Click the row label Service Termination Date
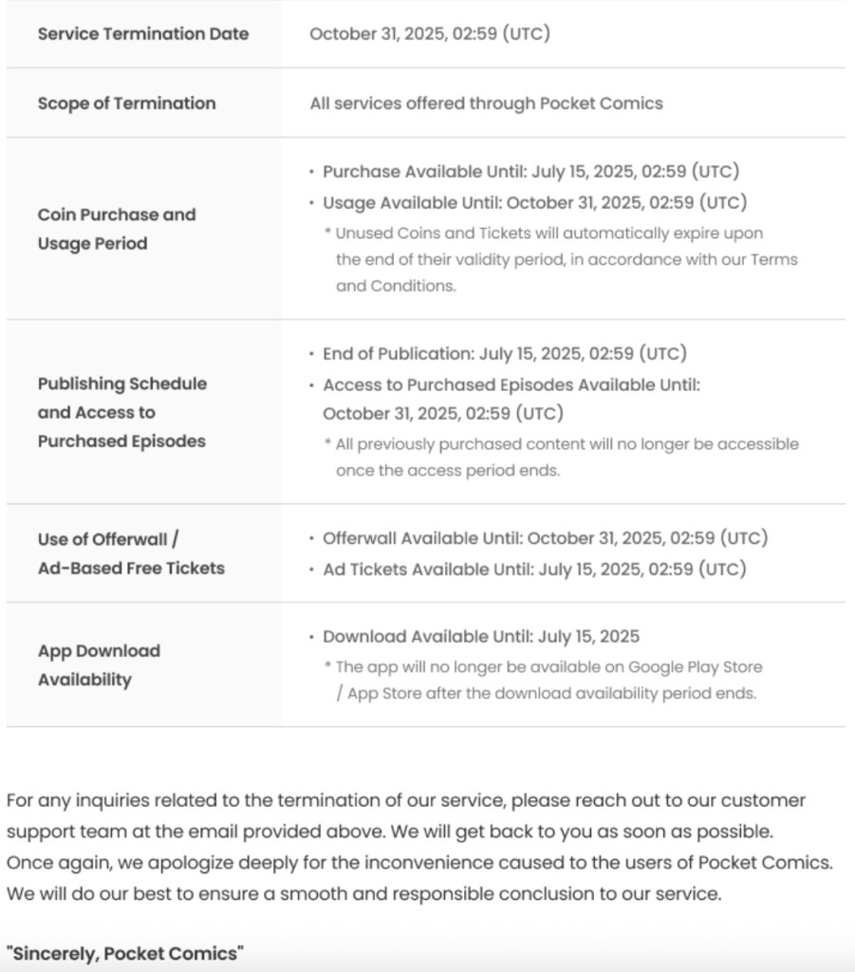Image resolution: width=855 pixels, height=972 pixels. click(x=143, y=34)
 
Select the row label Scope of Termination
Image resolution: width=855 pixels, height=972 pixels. click(x=126, y=103)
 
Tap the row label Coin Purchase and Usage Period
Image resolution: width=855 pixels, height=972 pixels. click(x=117, y=229)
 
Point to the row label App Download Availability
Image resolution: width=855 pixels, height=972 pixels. click(x=99, y=665)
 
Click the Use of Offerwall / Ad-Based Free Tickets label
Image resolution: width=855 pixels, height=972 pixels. click(x=131, y=553)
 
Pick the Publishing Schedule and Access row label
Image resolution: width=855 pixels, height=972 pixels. click(x=121, y=412)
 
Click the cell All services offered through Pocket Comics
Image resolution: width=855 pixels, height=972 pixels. click(x=486, y=103)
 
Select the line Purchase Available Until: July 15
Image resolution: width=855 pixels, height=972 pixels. click(x=530, y=172)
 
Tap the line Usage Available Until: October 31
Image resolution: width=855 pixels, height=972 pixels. click(x=534, y=202)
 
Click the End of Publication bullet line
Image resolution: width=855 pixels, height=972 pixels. click(x=505, y=353)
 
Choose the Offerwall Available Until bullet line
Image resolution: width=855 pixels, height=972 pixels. click(x=545, y=538)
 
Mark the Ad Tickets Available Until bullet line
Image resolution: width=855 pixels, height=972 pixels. click(x=534, y=569)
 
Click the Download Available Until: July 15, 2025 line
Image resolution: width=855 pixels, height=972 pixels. click(x=481, y=636)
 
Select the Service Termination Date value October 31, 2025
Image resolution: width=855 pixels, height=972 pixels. click(x=430, y=34)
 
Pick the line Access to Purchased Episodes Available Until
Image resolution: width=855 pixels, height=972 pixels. click(x=511, y=384)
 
